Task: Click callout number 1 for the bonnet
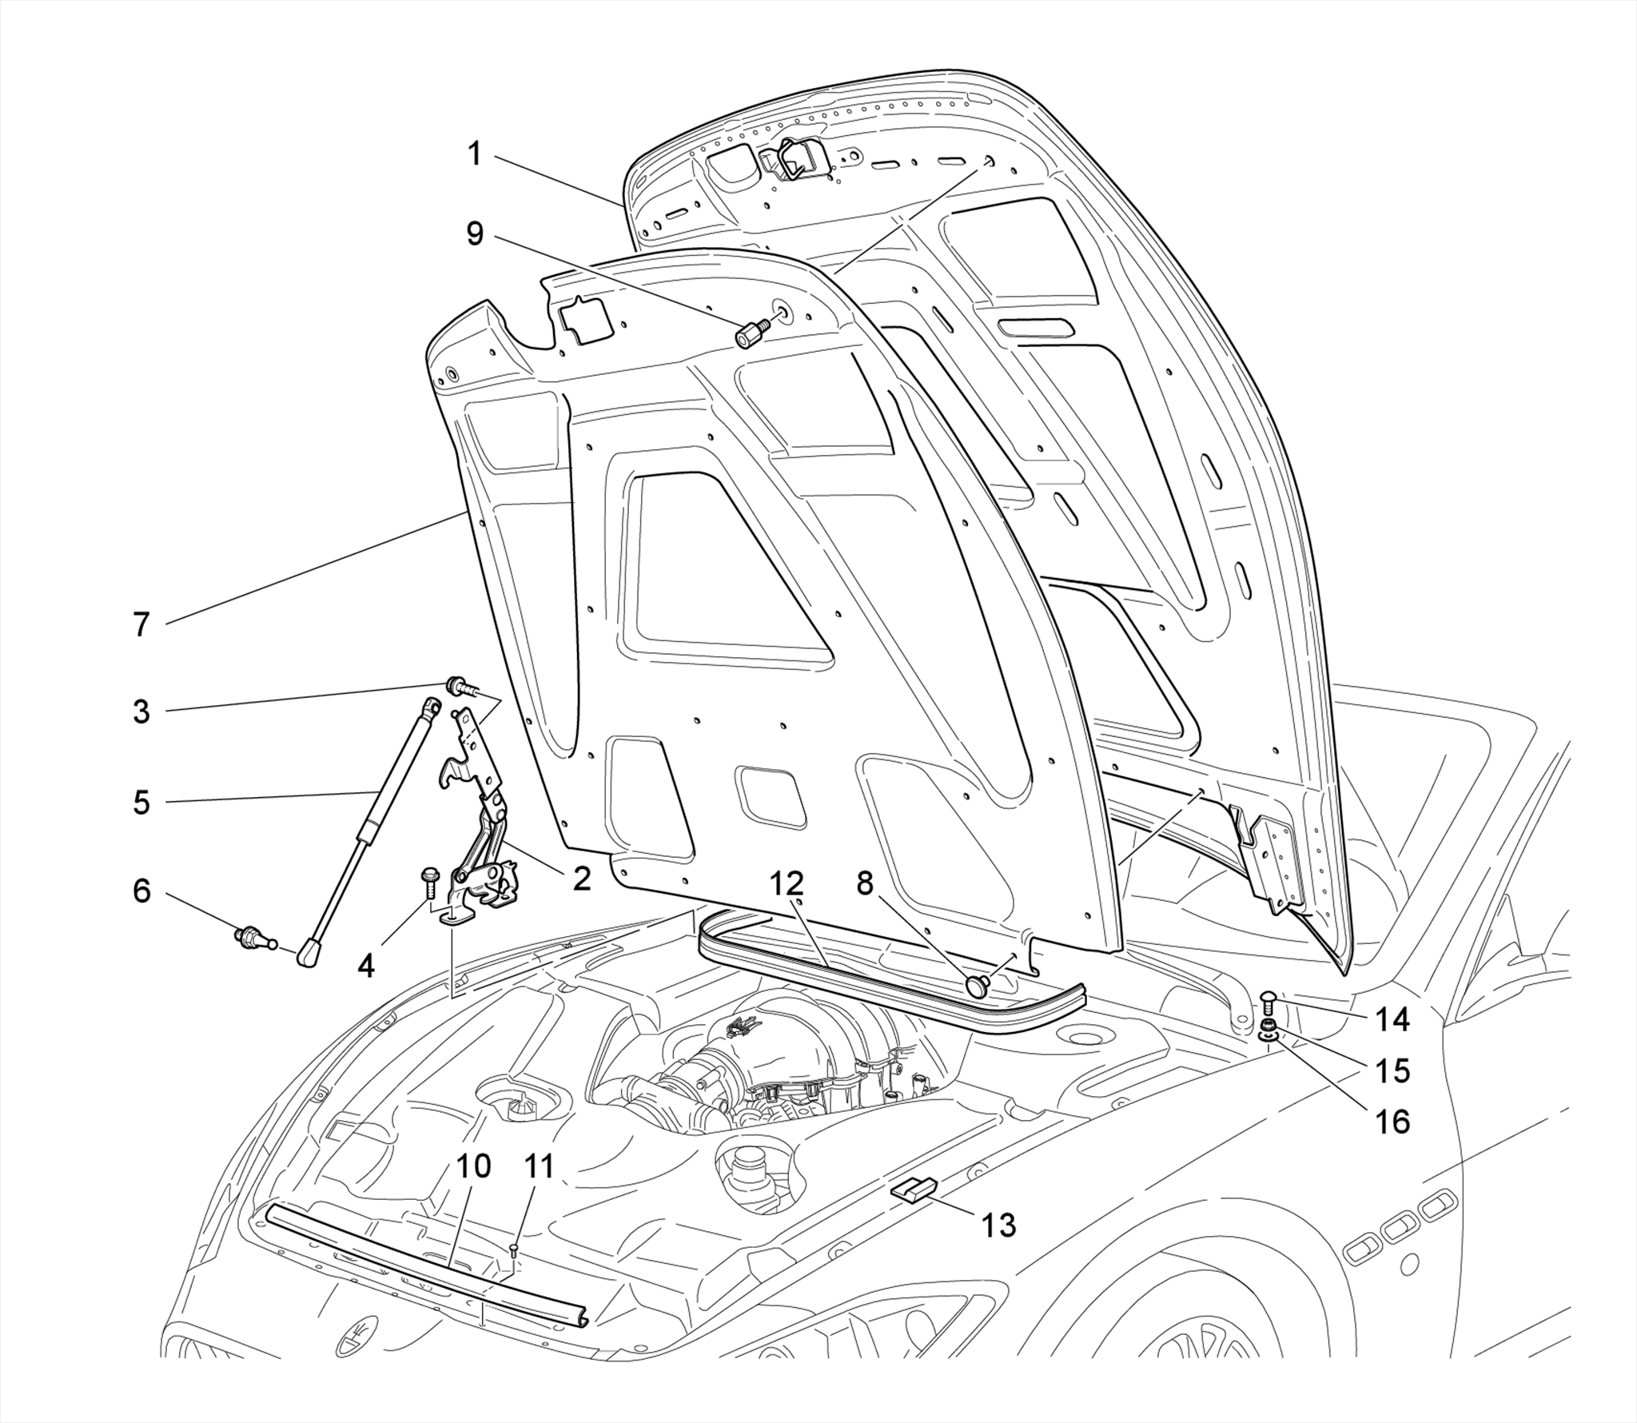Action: coord(475,153)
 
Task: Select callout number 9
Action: coord(475,233)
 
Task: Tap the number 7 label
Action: coord(141,624)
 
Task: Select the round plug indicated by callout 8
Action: coord(977,986)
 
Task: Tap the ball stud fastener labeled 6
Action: coord(251,937)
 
